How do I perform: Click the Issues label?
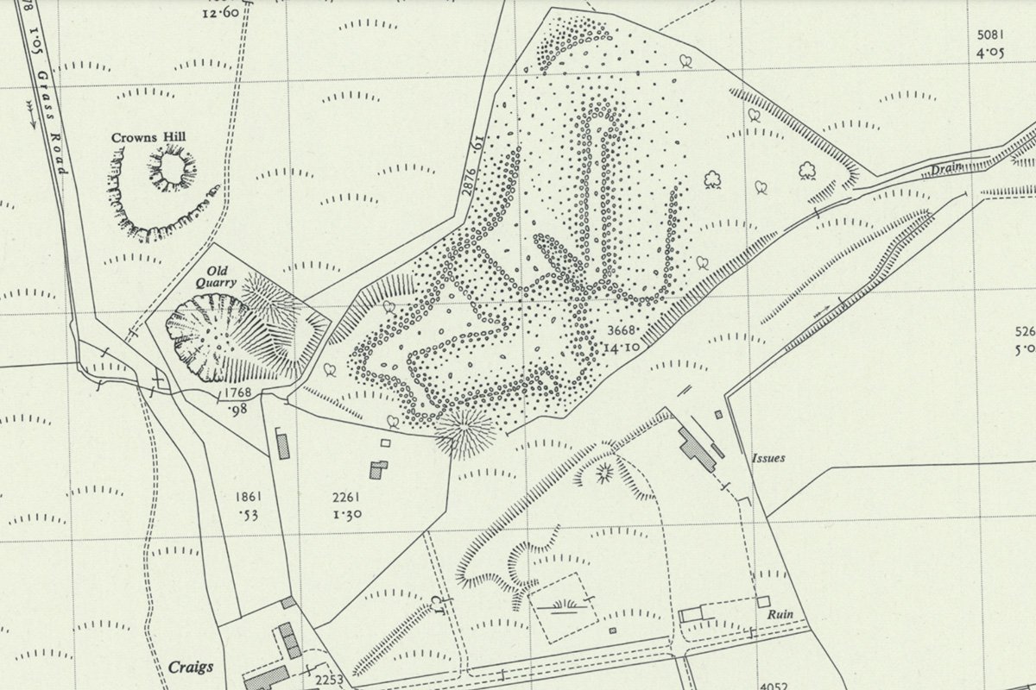[768, 458]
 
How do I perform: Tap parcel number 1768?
[237, 393]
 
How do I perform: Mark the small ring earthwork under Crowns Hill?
[172, 167]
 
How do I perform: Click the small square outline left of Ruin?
[690, 615]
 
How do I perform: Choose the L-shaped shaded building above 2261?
[378, 469]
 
